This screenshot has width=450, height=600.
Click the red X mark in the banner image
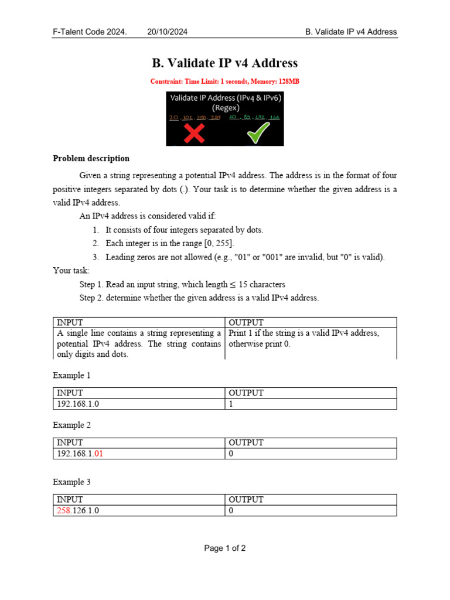coord(195,133)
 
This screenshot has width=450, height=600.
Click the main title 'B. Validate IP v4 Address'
coord(225,63)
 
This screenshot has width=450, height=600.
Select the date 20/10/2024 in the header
coord(168,32)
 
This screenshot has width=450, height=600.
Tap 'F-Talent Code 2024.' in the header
coord(90,32)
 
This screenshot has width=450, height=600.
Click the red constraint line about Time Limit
coord(225,81)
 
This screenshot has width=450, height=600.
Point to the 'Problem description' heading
coord(91,158)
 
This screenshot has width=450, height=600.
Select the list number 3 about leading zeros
coord(95,257)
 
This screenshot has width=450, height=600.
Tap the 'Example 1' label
coord(72,375)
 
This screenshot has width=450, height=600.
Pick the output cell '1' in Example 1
coord(231,404)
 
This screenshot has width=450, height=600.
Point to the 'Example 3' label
coord(72,482)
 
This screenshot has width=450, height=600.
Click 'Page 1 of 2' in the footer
coord(225,548)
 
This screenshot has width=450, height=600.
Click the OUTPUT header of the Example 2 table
coord(246,443)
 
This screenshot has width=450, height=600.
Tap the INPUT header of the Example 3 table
coord(70,500)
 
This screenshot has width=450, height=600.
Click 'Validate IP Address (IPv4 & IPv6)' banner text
coord(226,98)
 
